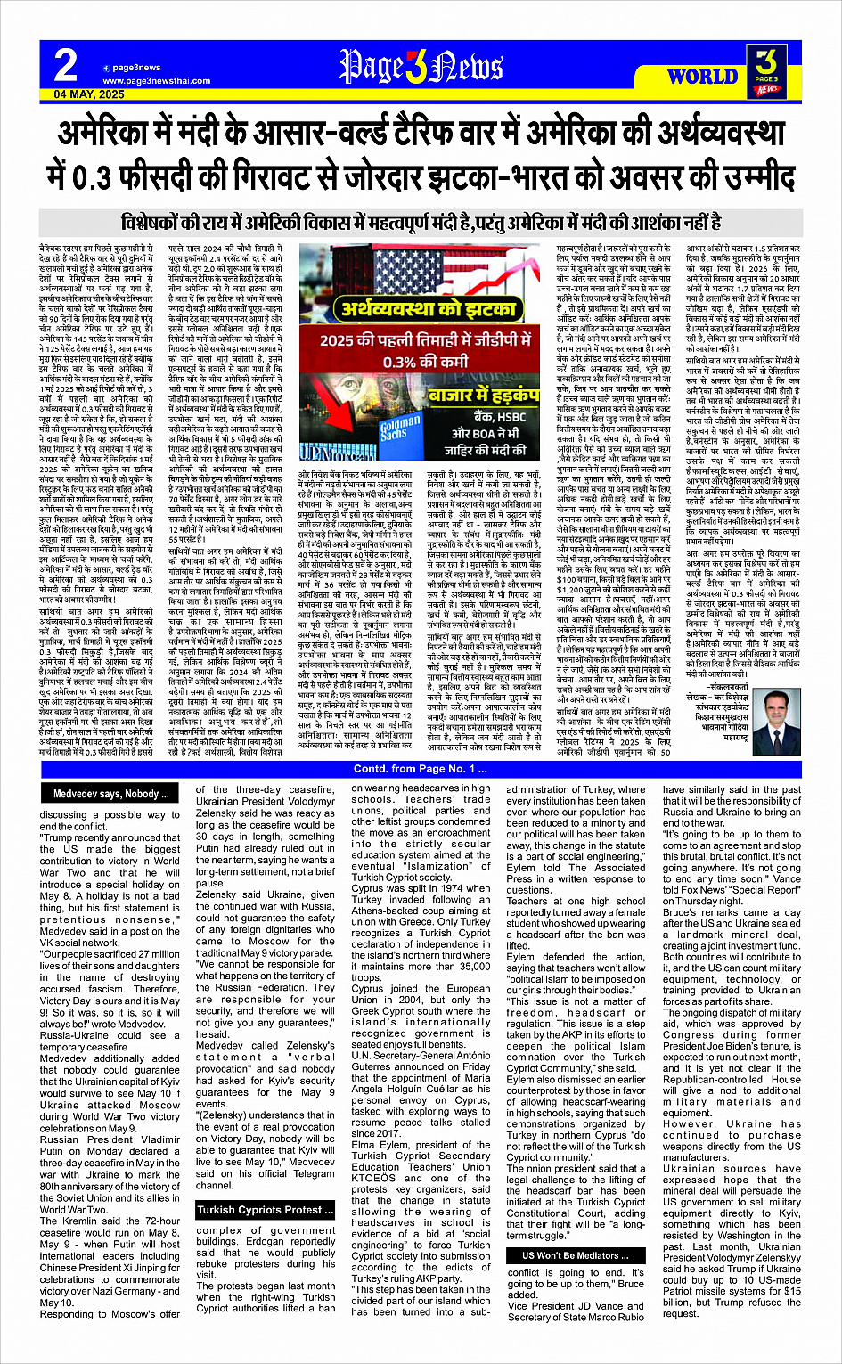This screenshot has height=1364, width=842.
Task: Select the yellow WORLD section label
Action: pos(702,76)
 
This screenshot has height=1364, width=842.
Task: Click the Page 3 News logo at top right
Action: pos(765,68)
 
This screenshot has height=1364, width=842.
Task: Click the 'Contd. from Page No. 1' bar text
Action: pos(421,769)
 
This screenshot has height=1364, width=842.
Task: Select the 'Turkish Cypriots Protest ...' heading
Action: pos(266,1210)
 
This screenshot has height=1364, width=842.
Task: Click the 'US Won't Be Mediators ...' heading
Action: pos(570,1255)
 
